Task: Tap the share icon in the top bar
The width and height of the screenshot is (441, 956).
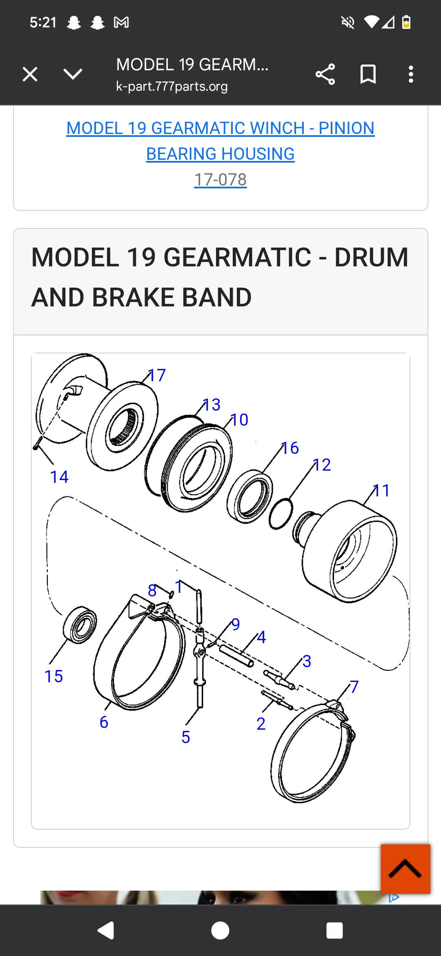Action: coord(325,74)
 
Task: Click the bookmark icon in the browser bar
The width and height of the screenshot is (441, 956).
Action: coord(368,74)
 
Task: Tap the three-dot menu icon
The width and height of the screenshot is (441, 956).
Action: coord(411,74)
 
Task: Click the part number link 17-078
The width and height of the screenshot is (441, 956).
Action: coord(220,179)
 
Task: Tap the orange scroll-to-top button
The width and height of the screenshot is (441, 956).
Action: coord(405,869)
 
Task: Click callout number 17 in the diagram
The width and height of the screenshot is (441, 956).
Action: coord(157,375)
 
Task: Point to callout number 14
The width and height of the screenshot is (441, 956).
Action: coord(59,477)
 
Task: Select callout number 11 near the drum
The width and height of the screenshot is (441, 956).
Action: coord(382,490)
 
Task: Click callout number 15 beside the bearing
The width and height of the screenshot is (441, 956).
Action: coord(54,676)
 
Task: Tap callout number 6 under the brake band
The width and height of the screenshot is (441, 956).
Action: coord(104,722)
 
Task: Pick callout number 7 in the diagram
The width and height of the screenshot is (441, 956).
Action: coord(354,686)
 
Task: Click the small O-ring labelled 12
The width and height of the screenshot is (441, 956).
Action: coord(281,514)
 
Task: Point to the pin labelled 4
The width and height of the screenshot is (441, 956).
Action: coord(236,655)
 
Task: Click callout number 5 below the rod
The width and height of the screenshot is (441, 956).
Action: coord(186,737)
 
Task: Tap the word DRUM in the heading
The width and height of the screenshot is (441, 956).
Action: coord(371,257)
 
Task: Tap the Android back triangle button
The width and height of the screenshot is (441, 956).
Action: coord(106,930)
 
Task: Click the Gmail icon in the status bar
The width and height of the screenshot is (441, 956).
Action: coord(121,22)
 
